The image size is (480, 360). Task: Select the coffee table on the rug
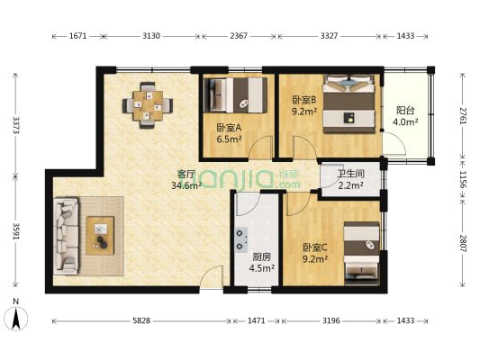point(100,235)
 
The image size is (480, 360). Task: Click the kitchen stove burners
point(241,238)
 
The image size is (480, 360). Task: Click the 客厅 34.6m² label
point(186,180)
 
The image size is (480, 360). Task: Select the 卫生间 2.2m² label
point(349,181)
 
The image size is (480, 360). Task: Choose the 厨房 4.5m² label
point(262,261)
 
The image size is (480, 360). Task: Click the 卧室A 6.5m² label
point(229,133)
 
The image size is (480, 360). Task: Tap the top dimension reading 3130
point(150,36)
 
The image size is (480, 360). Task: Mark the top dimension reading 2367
point(239,36)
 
